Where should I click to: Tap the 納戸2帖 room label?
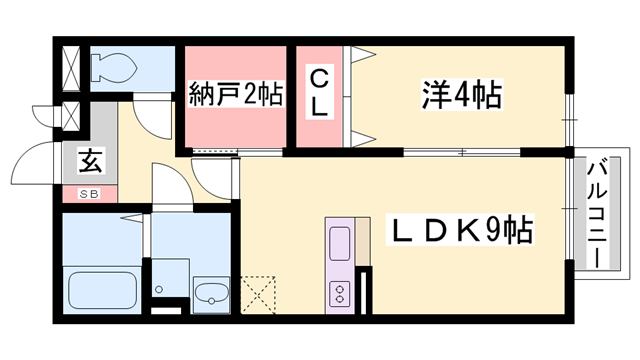(236, 96)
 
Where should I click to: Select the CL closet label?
(319, 94)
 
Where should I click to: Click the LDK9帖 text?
(460, 232)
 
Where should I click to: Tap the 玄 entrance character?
(87, 160)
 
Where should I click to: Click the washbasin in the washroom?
(211, 295)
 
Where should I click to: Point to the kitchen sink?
(340, 243)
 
